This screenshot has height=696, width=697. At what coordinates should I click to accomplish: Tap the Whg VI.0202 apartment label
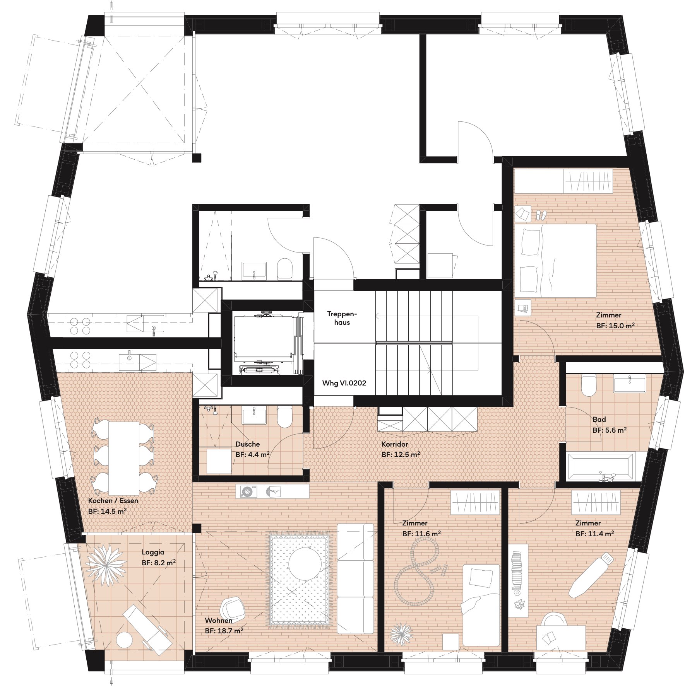pos(344,383)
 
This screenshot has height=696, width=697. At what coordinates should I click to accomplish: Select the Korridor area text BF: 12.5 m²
pos(401,455)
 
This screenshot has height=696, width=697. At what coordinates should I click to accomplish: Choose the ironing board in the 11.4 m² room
pos(591,575)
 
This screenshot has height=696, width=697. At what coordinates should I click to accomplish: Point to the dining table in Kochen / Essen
pos(124,458)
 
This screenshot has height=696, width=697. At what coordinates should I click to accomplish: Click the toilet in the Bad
pos(589,386)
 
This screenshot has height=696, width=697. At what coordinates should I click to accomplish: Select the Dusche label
pos(247,444)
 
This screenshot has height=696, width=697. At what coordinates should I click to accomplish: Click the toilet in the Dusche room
pos(285,417)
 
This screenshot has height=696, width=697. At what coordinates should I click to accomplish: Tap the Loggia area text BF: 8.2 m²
pos(159,563)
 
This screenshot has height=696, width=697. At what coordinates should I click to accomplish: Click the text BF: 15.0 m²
pos(615,326)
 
